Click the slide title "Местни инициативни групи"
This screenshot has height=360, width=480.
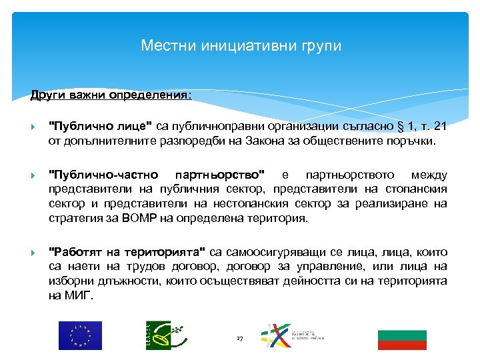(241, 46)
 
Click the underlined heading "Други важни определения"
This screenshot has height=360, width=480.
(110, 95)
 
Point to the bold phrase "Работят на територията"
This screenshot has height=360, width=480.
(127, 252)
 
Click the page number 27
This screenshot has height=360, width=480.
(240, 339)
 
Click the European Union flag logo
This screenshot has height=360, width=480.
(80, 335)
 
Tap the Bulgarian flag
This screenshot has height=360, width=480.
(402, 339)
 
